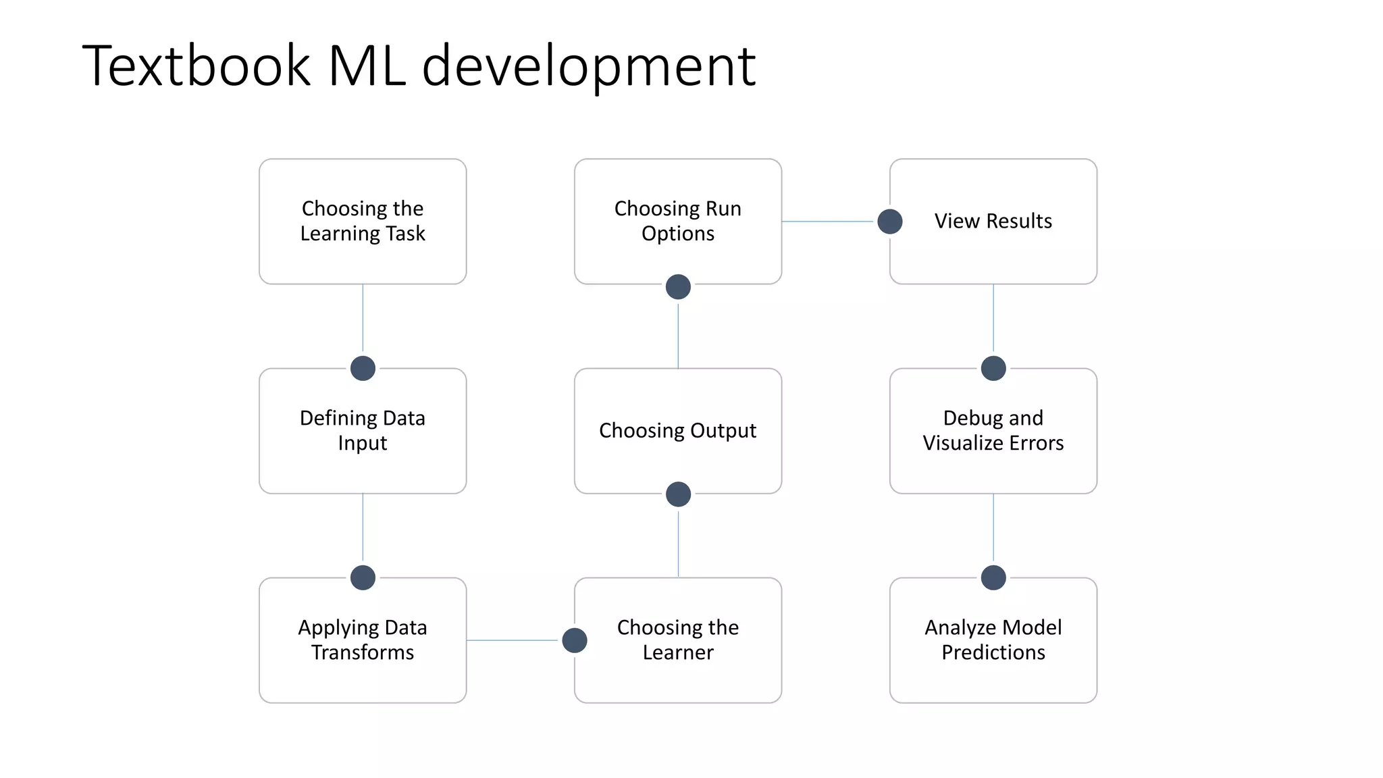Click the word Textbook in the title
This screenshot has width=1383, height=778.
pyautogui.click(x=196, y=66)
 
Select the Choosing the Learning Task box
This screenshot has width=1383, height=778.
pyautogui.click(x=363, y=221)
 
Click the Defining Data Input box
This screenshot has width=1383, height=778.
pyautogui.click(x=363, y=430)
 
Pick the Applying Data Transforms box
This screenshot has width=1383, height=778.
pyautogui.click(x=363, y=640)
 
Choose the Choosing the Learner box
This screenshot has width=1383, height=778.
pyautogui.click(x=678, y=640)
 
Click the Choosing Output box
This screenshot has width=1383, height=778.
pyautogui.click(x=678, y=430)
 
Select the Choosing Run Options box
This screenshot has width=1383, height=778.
pyautogui.click(x=678, y=221)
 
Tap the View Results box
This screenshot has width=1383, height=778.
pyautogui.click(x=993, y=221)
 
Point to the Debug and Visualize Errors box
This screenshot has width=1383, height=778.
pyautogui.click(x=993, y=430)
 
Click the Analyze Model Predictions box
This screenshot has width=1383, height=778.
pyautogui.click(x=993, y=640)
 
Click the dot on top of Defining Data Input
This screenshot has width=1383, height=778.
pyautogui.click(x=363, y=369)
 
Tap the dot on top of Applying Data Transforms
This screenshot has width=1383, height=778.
pyautogui.click(x=363, y=578)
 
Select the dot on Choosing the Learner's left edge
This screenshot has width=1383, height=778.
pyautogui.click(x=575, y=640)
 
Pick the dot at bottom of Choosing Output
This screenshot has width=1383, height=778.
pyautogui.click(x=678, y=494)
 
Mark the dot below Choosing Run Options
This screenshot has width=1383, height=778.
pyautogui.click(x=678, y=287)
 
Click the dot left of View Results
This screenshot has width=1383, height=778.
pyautogui.click(x=890, y=222)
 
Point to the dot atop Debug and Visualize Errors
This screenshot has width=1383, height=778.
pyautogui.click(x=993, y=369)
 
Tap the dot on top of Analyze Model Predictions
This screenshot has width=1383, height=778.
pyautogui.click(x=993, y=578)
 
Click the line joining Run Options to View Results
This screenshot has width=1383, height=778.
pyautogui.click(x=829, y=222)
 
